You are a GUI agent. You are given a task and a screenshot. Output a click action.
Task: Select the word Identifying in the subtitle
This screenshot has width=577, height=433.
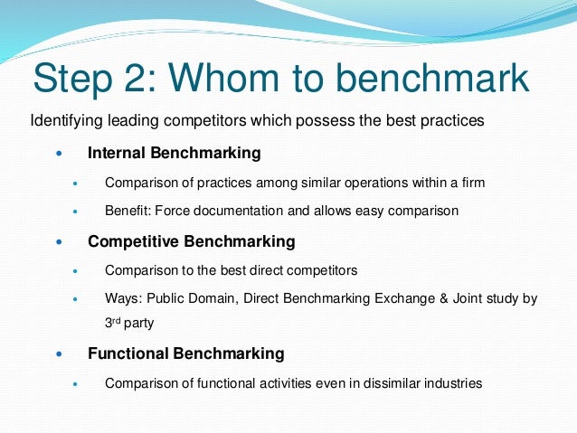coord(64,120)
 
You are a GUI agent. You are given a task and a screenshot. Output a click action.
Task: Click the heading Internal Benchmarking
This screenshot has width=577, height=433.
coord(174,153)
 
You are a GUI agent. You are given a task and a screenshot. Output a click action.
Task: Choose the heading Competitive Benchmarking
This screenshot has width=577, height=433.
coord(191,241)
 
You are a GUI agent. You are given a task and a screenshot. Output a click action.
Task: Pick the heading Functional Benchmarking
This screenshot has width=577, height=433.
coord(185,353)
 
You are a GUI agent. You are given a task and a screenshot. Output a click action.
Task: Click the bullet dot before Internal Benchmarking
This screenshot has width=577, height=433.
coord(61,154)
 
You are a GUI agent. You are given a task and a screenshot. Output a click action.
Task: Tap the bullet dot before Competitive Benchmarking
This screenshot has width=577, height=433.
coord(61,242)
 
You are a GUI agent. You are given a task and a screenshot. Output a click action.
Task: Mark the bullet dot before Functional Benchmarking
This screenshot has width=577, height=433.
coord(61,354)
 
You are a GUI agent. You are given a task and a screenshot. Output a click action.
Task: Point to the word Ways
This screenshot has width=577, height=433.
coord(122,298)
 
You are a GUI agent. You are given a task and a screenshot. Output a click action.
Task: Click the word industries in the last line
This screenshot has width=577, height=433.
coord(452,382)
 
